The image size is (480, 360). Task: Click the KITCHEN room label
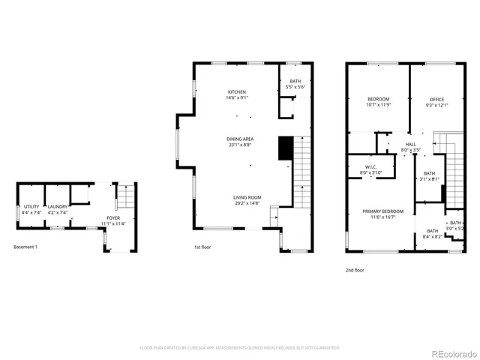pos(237,91)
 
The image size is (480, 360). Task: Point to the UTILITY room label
pos(31,206)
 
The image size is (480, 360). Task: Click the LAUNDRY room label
pos(58,206)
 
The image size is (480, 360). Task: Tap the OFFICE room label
pos(437,99)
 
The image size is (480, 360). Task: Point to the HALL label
pos(410,145)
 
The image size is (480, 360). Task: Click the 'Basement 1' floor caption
pos(25,247)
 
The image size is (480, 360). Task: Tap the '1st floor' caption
pos(202,247)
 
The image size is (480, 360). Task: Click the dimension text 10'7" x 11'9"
pos(379,105)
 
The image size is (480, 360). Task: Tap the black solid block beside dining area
pos(285,148)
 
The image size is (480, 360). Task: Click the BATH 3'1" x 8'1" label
pos(428,175)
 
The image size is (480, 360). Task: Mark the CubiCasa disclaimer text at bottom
pos(240,348)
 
